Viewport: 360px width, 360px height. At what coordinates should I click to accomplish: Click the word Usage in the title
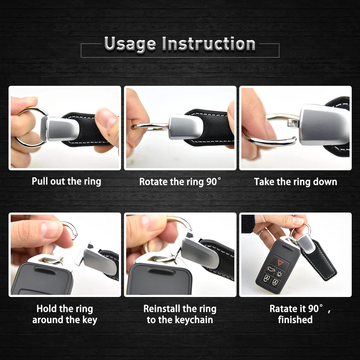[130, 44]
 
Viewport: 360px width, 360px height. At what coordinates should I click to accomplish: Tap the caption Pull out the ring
[66, 181]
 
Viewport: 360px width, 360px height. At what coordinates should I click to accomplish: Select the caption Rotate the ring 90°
[180, 181]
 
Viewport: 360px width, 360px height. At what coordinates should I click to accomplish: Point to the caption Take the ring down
[296, 182]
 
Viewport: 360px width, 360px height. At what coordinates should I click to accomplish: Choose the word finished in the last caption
[295, 320]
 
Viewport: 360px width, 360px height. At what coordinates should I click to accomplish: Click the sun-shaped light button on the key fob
[279, 274]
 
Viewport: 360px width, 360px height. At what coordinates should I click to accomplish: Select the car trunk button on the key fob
[271, 269]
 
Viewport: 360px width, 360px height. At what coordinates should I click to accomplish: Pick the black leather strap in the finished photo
[319, 261]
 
